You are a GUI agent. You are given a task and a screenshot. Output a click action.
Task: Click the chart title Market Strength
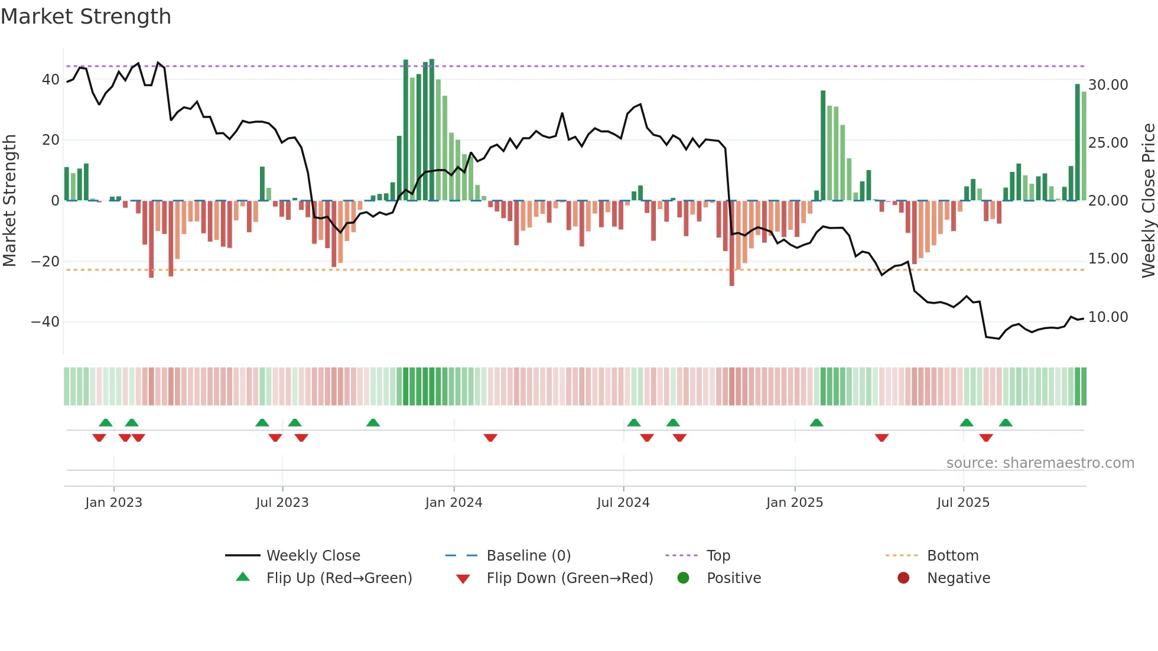point(86,17)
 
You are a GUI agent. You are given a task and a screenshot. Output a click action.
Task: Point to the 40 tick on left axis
point(51,80)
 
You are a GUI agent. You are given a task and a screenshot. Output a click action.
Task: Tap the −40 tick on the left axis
point(45,322)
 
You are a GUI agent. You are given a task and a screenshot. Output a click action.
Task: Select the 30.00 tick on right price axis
point(1108,85)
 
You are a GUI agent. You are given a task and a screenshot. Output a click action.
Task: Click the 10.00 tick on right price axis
point(1108,317)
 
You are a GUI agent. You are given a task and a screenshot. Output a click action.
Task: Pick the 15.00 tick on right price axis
point(1108,259)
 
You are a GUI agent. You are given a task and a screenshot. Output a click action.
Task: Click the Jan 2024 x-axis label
point(453,503)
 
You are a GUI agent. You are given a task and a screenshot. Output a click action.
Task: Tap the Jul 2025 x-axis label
point(962,503)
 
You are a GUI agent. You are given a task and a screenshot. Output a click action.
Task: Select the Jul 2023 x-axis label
point(282,503)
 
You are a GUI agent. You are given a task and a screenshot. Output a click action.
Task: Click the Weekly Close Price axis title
point(1148,200)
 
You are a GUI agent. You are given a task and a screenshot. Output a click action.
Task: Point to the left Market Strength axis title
point(9,200)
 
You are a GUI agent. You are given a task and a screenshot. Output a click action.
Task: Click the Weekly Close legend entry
point(313,556)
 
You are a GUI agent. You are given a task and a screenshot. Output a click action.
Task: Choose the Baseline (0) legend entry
point(528,556)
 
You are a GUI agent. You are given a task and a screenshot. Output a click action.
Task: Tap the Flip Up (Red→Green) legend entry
point(339,578)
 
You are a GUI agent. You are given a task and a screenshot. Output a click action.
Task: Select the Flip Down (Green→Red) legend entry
point(570,578)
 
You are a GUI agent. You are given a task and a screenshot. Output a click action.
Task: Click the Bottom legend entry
point(952,556)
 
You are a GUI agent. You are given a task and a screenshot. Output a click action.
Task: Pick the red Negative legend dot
point(903,578)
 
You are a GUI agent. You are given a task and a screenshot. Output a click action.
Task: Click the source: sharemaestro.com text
point(1040,463)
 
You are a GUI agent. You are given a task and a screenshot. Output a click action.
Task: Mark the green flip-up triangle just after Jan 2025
point(816,422)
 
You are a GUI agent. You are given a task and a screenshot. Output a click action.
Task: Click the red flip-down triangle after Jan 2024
point(490,438)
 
